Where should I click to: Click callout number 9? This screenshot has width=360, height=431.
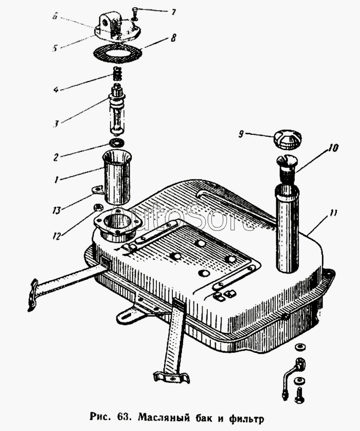point(241,135)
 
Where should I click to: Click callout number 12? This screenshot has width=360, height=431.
point(57,236)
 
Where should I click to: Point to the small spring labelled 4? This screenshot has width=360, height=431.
point(119,78)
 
